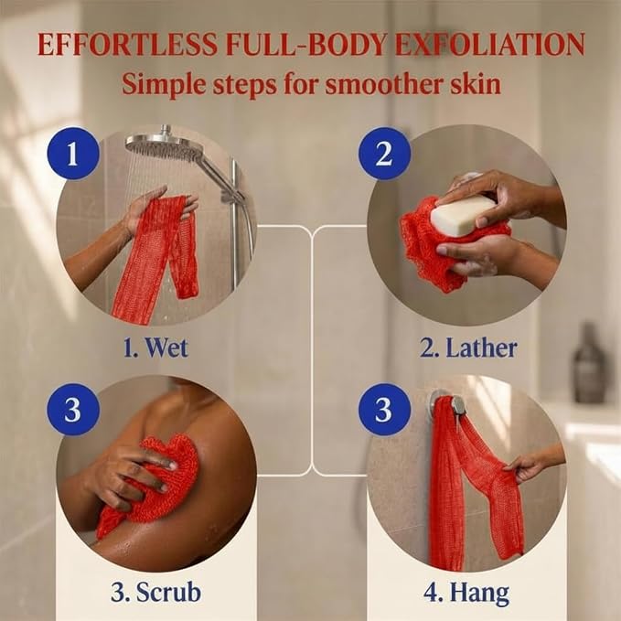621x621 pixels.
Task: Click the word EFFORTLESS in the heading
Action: [127, 44]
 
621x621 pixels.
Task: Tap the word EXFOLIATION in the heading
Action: [489, 44]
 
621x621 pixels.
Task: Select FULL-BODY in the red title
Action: [305, 44]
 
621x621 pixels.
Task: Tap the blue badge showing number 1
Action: [72, 153]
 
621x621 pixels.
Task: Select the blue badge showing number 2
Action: [384, 153]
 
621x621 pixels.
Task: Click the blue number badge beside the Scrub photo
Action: [72, 409]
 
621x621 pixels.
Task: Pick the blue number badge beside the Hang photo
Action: [384, 409]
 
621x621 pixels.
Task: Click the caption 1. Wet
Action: [155, 348]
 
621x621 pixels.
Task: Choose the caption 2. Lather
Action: [468, 348]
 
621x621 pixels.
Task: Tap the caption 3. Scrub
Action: [155, 593]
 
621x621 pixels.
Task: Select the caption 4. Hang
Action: [466, 594]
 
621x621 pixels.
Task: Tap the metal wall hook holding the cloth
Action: [447, 405]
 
